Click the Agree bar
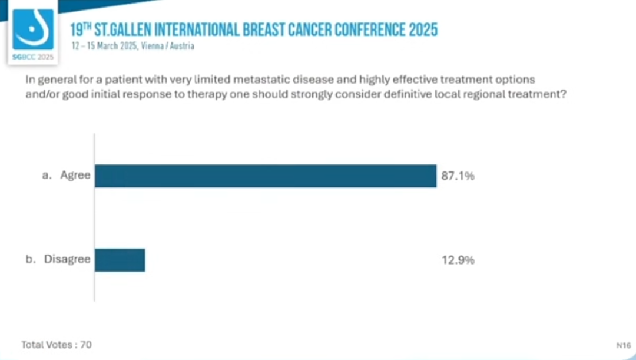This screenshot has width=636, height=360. pos(266,176)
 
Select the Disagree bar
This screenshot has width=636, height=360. pos(120,260)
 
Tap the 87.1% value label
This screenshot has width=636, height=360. pos(458,176)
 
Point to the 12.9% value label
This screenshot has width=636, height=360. pos(458,260)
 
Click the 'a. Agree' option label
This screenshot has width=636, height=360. pos(67,176)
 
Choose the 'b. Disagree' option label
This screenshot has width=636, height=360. pos(58,259)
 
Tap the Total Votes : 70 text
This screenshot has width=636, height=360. pos(57,344)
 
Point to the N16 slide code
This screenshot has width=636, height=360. pos(624,345)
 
